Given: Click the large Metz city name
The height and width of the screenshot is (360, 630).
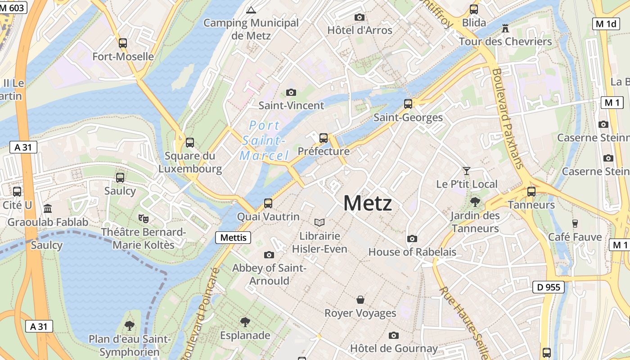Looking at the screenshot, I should (367, 203).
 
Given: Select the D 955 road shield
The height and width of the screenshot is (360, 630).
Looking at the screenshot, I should (549, 287).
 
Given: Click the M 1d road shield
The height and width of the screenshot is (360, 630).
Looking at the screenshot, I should (606, 24).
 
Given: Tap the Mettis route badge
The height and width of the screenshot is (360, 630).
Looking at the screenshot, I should (233, 237).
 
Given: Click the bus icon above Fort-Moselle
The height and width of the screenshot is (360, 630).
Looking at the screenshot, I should (123, 43).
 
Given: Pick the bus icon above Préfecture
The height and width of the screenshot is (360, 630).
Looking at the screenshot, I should (324, 138).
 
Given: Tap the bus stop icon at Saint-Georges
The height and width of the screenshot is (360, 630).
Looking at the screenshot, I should (408, 104).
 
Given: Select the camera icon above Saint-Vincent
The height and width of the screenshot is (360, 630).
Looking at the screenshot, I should (291, 92).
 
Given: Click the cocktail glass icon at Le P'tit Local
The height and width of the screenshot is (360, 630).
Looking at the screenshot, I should (467, 171).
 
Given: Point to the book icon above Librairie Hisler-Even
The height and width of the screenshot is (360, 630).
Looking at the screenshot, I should (319, 222).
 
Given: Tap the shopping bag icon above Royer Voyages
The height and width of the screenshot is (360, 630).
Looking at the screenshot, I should (360, 300).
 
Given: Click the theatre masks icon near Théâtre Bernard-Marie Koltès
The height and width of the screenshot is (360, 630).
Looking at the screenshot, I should (144, 219).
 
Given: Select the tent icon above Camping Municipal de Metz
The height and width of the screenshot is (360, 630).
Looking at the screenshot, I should (251, 9).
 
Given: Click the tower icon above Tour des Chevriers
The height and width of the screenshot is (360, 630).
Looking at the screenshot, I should (505, 29).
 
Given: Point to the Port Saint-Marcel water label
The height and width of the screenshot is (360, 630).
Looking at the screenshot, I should (264, 140).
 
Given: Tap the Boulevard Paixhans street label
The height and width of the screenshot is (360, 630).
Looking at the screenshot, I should (508, 118).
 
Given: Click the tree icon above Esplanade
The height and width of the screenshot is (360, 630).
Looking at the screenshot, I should (245, 322).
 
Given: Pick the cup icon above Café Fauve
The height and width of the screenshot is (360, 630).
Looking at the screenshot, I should (575, 224).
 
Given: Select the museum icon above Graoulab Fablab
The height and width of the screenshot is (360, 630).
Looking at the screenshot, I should (48, 208).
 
